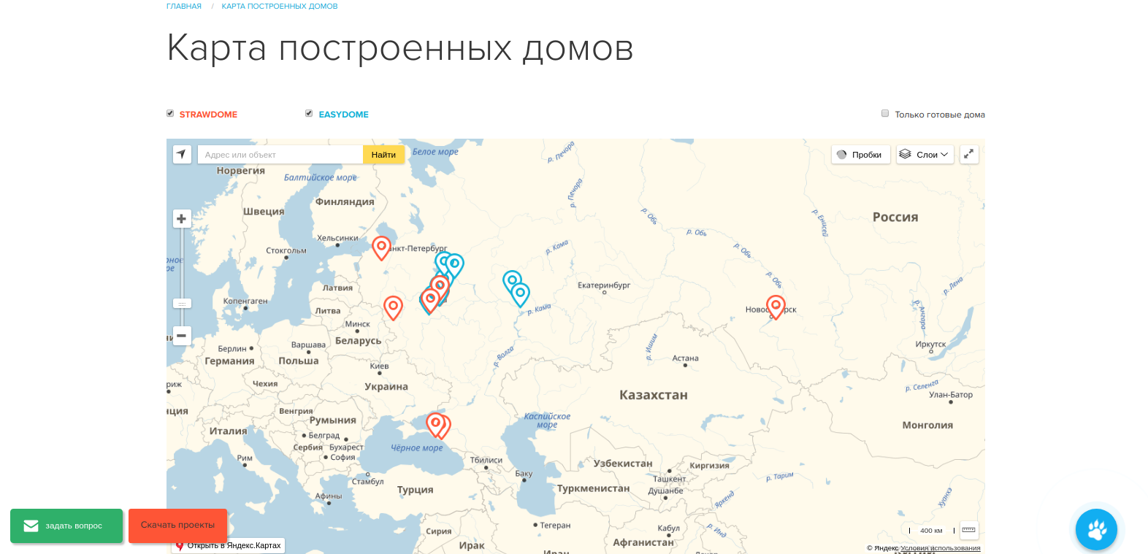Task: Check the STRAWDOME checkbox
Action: [x=170, y=114]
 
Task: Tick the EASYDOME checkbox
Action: [x=309, y=114]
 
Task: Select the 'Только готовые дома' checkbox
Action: [x=885, y=114]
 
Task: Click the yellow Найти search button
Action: [x=383, y=155]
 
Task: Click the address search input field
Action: [x=280, y=155]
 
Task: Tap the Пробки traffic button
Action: [x=860, y=155]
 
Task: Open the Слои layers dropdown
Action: [x=925, y=155]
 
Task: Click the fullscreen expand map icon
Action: [x=969, y=155]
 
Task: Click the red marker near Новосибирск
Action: [x=776, y=307]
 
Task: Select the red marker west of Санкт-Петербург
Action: [x=381, y=247]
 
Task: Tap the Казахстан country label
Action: [x=653, y=395]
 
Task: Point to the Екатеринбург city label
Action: [x=604, y=285]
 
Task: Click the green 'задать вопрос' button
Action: [x=66, y=526]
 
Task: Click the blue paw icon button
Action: [x=1096, y=529]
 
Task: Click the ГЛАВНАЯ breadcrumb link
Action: [x=184, y=6]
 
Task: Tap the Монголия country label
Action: [x=927, y=426]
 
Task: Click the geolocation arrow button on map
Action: [x=182, y=155]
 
